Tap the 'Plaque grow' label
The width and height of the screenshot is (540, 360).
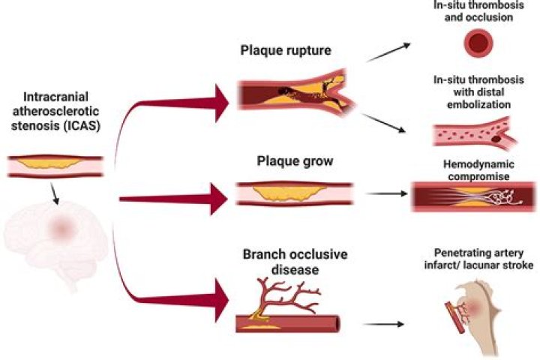point(285,161)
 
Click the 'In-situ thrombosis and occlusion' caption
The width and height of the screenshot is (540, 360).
point(478,10)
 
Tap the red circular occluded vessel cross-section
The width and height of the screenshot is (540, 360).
point(477,44)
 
